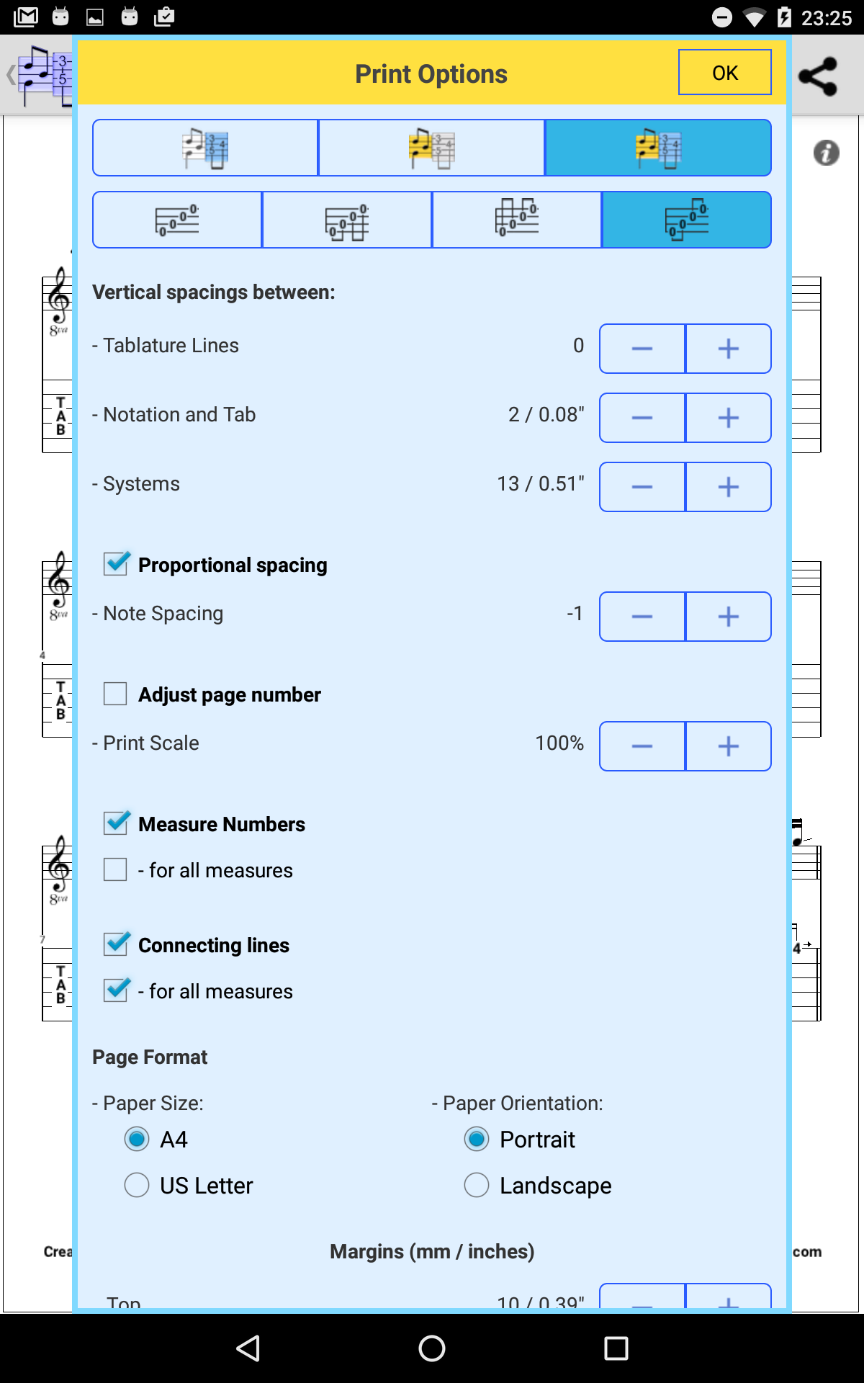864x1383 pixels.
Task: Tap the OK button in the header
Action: (x=724, y=73)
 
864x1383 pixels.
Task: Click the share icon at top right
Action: (x=819, y=76)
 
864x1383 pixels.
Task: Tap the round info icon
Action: (x=826, y=153)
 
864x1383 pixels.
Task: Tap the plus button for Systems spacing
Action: (x=728, y=487)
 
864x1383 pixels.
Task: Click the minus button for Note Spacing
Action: (x=642, y=617)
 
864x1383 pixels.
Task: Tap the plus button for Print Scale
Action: (x=728, y=746)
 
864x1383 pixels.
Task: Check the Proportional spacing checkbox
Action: (x=116, y=564)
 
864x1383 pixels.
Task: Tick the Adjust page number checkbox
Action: (x=115, y=694)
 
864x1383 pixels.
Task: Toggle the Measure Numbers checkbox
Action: (x=116, y=823)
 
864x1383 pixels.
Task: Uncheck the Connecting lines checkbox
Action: (x=116, y=944)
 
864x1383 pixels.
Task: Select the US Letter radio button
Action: (x=137, y=1185)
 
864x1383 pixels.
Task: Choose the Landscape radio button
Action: (x=477, y=1185)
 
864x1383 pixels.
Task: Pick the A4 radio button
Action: (x=137, y=1139)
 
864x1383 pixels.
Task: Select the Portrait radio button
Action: (x=477, y=1139)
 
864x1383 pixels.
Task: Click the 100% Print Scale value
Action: (x=559, y=743)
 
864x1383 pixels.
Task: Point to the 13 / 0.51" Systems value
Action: (x=541, y=483)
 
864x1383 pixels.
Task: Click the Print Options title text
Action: (x=431, y=73)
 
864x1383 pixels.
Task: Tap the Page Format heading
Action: (x=150, y=1057)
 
